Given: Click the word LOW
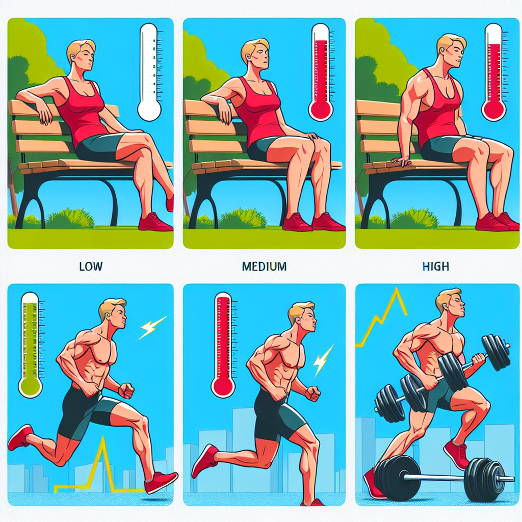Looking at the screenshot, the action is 91,266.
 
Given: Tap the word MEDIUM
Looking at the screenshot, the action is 264,266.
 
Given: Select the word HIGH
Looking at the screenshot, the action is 435,266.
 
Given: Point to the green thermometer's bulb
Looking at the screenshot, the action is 30,386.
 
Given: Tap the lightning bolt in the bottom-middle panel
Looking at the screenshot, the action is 323,360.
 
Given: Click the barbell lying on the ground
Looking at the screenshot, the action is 441,478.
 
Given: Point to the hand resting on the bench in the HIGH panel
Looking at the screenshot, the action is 402,161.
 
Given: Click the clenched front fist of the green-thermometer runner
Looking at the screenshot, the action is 126,390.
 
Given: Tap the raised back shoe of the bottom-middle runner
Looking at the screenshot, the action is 204,460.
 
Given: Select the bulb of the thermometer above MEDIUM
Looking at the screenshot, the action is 321,109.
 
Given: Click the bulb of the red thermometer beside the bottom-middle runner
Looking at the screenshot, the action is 223,386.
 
